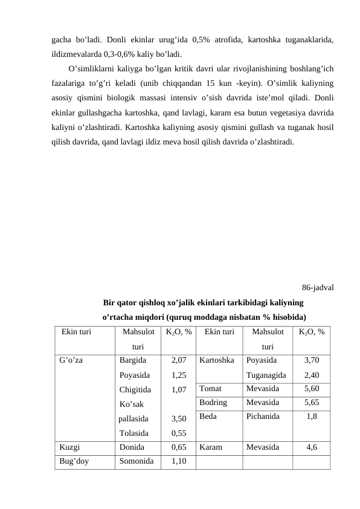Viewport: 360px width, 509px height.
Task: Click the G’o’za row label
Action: [71, 360]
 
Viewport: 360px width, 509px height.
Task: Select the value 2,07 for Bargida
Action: [178, 360]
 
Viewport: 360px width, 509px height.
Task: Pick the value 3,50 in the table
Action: [178, 418]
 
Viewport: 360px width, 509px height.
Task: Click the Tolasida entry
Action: [134, 433]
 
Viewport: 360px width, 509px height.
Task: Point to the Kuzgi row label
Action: [69, 448]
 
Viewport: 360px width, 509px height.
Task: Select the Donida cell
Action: [132, 448]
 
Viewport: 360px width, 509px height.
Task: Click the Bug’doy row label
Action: [74, 462]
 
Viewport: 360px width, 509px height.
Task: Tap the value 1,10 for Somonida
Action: [178, 462]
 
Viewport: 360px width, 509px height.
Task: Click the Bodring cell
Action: [213, 402]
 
